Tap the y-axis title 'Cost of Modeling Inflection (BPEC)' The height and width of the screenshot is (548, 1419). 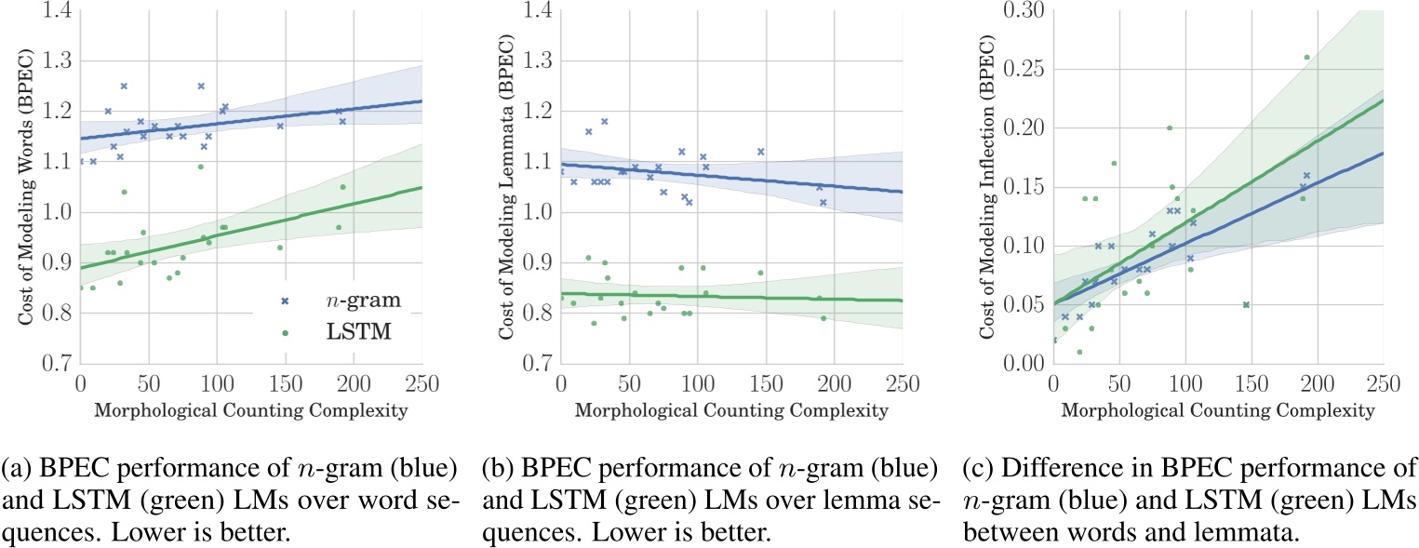(986, 187)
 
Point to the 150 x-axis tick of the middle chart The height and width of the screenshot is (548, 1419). (765, 382)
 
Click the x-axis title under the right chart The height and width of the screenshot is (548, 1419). (1217, 410)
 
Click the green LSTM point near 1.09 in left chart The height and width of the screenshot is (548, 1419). (200, 167)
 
